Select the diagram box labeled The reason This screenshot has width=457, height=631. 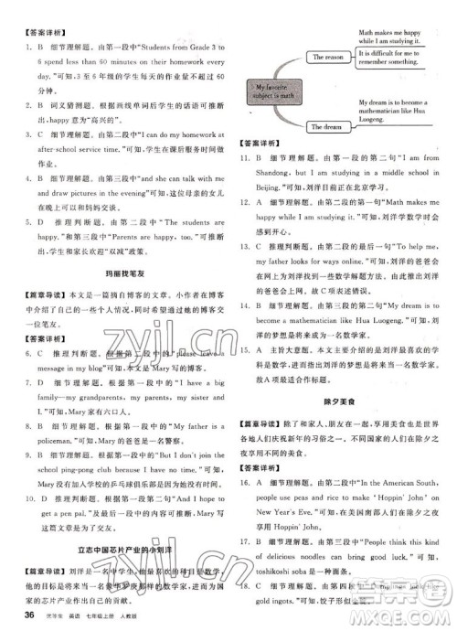(330, 57)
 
